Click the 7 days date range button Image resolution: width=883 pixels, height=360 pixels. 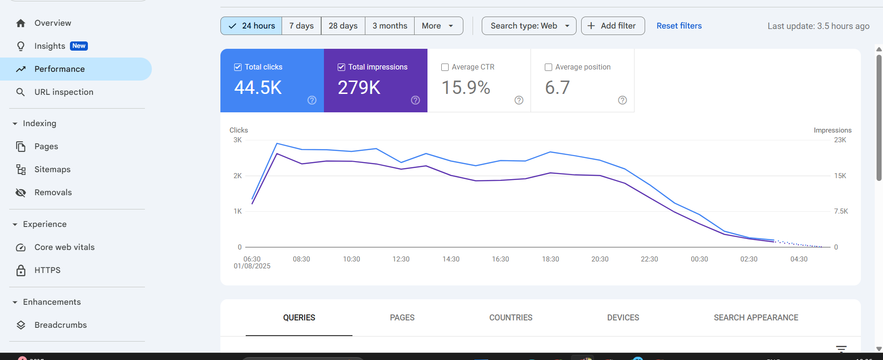(x=301, y=26)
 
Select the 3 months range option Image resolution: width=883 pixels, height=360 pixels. (x=390, y=26)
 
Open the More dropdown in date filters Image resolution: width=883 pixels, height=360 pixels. (x=438, y=26)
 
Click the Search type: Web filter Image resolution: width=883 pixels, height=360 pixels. (x=529, y=26)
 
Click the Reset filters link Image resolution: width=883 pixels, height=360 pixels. (x=679, y=26)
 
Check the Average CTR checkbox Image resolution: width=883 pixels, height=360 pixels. (x=445, y=67)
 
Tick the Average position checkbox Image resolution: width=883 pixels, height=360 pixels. (x=548, y=67)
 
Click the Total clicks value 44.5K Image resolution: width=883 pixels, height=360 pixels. (x=258, y=87)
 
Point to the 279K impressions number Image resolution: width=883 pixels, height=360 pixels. (x=359, y=87)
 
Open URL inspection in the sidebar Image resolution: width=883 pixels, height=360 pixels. (x=63, y=92)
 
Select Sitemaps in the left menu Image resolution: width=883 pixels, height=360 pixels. (x=52, y=169)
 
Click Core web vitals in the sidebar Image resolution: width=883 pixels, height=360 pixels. (x=64, y=247)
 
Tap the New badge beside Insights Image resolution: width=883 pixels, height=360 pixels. (x=79, y=46)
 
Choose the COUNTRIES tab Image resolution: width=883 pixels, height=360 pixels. (x=511, y=318)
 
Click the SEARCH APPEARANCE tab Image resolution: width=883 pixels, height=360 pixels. (x=756, y=318)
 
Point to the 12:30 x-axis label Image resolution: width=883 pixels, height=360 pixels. (x=401, y=259)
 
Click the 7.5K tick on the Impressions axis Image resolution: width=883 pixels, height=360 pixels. (x=841, y=211)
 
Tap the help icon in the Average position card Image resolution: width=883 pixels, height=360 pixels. (x=622, y=100)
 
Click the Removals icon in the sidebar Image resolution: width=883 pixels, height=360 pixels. (x=21, y=192)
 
